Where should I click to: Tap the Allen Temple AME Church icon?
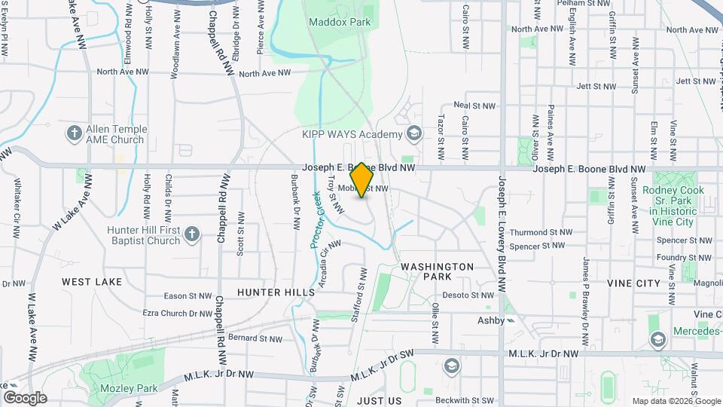coord(74,134)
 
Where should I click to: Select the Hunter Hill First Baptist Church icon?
coord(192,234)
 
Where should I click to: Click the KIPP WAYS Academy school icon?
coord(413,134)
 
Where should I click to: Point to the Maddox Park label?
coord(340,23)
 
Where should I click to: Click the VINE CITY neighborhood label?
coord(633,283)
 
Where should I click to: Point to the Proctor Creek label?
coord(317,219)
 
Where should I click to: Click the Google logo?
coord(25,398)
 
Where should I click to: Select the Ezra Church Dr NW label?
coord(178,314)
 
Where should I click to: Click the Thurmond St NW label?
coord(540,233)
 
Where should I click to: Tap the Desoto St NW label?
coord(468,295)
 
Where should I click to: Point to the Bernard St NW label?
coord(255,338)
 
